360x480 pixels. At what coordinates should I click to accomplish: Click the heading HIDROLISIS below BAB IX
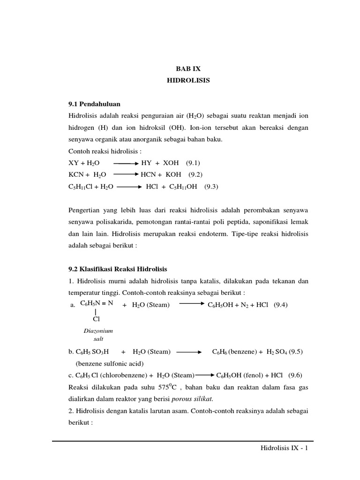[188, 81]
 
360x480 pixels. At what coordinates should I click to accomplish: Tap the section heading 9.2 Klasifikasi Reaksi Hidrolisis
[118, 269]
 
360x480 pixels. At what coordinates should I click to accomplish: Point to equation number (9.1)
[193, 163]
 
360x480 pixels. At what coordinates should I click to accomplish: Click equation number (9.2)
[196, 174]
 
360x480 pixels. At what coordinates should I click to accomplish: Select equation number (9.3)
[211, 186]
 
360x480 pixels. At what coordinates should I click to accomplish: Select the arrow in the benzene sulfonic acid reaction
[189, 352]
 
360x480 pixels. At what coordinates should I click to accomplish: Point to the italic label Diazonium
[98, 331]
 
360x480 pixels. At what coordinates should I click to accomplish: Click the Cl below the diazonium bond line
[96, 319]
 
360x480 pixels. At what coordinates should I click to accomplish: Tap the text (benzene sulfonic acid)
[109, 363]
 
